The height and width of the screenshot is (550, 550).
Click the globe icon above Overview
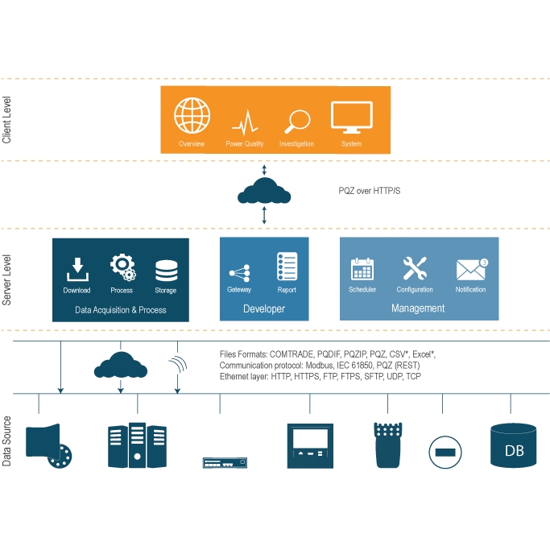pos(192,117)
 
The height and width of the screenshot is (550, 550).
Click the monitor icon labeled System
pos(351,118)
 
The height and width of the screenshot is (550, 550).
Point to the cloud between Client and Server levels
pos(265,192)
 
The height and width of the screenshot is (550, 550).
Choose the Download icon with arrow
pos(77,267)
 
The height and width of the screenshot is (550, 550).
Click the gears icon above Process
pos(122,267)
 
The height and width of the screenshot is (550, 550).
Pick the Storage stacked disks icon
pos(166,269)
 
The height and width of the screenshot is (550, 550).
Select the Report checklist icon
pos(287,267)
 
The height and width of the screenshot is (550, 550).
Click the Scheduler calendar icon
pos(362,269)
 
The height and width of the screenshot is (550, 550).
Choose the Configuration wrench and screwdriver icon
pos(415,268)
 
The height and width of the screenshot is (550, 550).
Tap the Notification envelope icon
pos(470,269)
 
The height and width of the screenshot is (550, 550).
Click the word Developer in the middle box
pos(264,308)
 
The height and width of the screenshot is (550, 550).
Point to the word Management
pos(418,308)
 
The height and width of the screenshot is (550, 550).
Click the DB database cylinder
pos(513,445)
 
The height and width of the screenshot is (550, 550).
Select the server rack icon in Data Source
pos(137,445)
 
